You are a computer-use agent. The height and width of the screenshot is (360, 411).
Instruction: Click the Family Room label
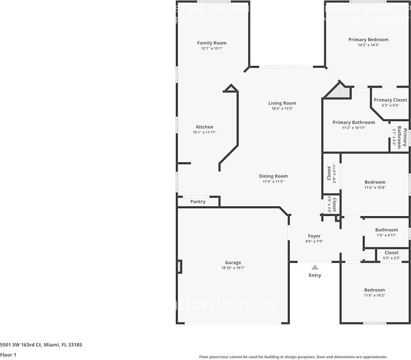[x=212, y=43]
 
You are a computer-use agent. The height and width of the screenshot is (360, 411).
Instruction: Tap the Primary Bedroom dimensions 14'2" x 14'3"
[x=368, y=45]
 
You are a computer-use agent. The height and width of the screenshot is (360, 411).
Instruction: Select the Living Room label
[x=282, y=103]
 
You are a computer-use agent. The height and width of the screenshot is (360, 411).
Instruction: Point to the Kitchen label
[x=204, y=127]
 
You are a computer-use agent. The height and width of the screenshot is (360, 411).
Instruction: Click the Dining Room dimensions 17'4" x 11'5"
[x=273, y=182]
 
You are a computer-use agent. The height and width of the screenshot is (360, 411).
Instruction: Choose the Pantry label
[x=198, y=202]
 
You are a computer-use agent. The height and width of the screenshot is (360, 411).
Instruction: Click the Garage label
[x=233, y=262]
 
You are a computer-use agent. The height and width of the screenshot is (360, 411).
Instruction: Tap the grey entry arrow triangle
[x=315, y=267]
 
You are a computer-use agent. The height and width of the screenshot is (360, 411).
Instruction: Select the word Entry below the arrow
[x=315, y=275]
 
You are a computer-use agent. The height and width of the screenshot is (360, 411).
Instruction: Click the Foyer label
[x=314, y=236]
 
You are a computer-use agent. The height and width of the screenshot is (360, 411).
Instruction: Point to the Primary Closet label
[x=390, y=100]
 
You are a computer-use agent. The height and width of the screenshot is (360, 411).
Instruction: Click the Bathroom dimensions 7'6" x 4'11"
[x=386, y=235]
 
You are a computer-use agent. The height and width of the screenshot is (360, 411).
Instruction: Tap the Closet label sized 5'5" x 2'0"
[x=391, y=253]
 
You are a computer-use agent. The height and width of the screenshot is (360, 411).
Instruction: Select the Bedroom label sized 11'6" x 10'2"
[x=374, y=290]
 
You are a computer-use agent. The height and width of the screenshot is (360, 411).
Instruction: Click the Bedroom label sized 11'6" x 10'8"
[x=375, y=182]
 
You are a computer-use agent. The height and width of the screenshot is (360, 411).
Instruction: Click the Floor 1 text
[x=8, y=355]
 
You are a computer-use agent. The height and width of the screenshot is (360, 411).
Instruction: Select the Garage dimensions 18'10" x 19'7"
[x=233, y=268]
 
